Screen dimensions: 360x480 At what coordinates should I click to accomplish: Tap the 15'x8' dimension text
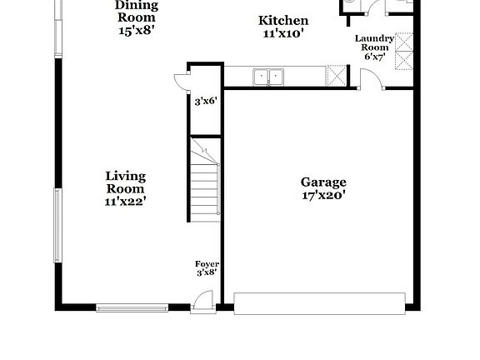(137, 31)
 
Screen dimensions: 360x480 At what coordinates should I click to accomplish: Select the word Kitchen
(283, 21)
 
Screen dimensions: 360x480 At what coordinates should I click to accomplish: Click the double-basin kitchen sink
(268, 77)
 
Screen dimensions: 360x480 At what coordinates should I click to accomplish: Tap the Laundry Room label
(374, 43)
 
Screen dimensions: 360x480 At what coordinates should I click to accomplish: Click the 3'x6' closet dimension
(205, 101)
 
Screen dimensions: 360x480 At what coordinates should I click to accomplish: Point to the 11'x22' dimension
(126, 201)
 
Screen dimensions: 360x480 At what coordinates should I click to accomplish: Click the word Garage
(323, 182)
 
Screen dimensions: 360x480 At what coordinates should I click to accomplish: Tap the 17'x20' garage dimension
(323, 197)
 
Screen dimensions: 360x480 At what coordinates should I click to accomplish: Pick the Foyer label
(207, 263)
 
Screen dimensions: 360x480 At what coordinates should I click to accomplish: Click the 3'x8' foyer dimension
(207, 272)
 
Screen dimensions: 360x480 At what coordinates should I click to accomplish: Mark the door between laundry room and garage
(371, 80)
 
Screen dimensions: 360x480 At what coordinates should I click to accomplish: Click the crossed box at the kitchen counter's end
(337, 76)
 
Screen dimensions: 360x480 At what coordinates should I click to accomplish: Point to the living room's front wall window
(132, 307)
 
